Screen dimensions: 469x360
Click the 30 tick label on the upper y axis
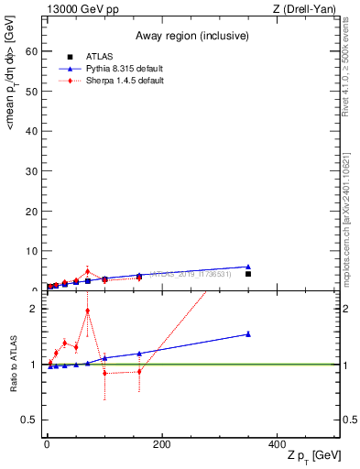(x=33, y=171)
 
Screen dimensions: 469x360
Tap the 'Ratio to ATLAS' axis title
(x=14, y=364)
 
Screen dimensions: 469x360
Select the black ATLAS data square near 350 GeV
(x=248, y=274)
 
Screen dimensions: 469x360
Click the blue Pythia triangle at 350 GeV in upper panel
(x=248, y=267)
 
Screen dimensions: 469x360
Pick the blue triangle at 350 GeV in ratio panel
(x=248, y=334)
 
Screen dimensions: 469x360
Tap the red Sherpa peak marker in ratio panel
(x=87, y=311)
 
